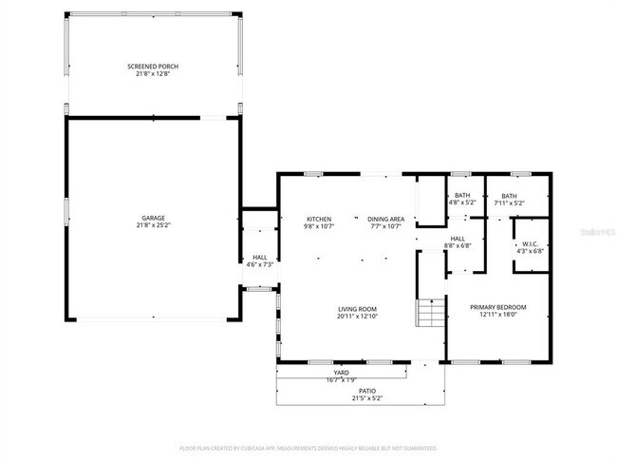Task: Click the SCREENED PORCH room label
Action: (153, 66)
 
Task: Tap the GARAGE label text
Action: (153, 218)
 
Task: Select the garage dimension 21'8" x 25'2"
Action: (153, 225)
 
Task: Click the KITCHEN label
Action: (317, 219)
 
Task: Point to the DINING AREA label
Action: (385, 219)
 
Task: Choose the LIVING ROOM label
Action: (358, 308)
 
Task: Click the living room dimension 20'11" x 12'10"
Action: (358, 316)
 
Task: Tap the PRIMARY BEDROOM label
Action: (499, 307)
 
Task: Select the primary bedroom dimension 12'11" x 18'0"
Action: (499, 315)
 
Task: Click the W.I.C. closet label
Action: (531, 244)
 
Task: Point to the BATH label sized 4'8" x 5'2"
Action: (461, 195)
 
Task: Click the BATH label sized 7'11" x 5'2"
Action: (509, 195)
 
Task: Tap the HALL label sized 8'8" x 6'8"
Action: (458, 239)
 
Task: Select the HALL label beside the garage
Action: (259, 257)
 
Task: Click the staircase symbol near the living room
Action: (431, 311)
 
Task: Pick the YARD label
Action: (342, 372)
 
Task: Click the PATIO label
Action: (365, 390)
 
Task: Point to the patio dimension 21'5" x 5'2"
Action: (365, 397)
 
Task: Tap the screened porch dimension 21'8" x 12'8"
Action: (153, 73)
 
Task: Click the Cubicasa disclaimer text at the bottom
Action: (308, 447)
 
